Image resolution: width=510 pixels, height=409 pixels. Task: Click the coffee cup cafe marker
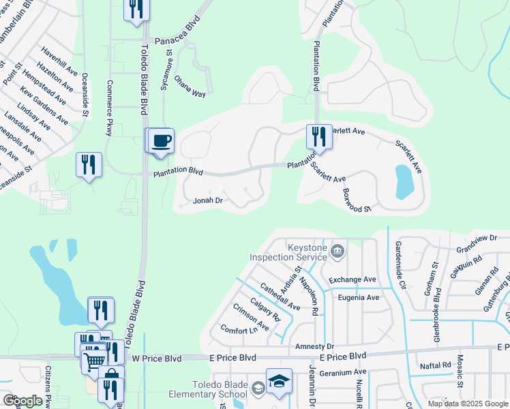161,141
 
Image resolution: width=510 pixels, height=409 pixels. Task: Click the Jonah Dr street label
208,200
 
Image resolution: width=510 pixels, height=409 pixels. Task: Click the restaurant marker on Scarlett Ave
318,137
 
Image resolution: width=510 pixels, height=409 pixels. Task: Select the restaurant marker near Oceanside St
89,165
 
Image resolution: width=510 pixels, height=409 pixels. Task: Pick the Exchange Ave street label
352,279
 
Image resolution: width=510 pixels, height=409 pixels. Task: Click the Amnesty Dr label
314,346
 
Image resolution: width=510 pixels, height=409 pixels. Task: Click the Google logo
22,401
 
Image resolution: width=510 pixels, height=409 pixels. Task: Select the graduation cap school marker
279,381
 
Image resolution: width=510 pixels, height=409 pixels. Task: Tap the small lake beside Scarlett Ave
404,181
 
